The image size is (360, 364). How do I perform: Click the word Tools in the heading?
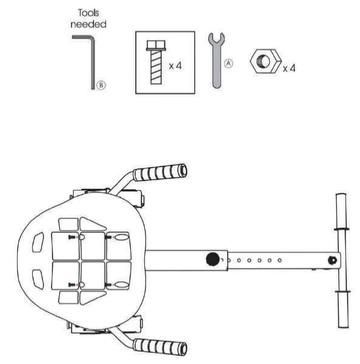pos(89,13)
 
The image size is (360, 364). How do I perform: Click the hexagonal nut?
pos(264,62)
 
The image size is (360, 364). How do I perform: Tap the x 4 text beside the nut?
pos(289,68)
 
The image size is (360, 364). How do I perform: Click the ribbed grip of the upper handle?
pos(159,172)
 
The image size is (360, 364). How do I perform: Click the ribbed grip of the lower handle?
pos(159,346)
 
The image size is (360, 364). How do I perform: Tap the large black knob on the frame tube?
pos(212,259)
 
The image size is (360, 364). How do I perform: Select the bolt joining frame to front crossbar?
pos(331,260)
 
